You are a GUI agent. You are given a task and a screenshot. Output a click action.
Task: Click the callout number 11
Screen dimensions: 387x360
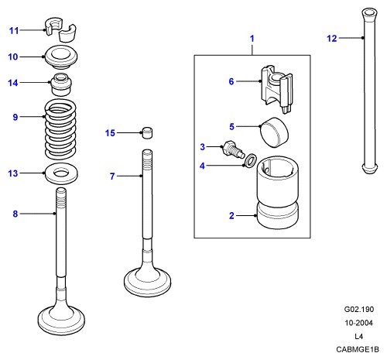point(14,31)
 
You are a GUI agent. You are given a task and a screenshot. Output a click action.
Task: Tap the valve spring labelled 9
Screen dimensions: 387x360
point(60,129)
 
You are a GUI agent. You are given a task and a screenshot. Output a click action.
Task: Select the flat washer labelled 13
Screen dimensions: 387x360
point(61,173)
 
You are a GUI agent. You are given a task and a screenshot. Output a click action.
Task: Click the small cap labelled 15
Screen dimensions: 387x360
point(147,132)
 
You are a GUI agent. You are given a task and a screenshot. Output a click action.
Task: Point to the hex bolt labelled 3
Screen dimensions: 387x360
point(232,150)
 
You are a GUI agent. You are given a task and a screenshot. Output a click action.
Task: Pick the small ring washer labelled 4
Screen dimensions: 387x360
point(250,160)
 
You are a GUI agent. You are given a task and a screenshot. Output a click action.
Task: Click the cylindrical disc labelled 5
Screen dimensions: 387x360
point(274,132)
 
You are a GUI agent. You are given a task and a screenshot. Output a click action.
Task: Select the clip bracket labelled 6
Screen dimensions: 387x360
point(276,89)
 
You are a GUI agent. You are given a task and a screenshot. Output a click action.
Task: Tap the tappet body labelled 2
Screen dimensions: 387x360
point(278,192)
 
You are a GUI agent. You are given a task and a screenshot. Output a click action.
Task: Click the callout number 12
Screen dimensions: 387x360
point(332,39)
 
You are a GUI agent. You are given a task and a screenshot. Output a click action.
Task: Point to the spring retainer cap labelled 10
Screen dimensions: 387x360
point(61,57)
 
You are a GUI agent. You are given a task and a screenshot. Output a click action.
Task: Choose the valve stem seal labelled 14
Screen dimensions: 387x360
point(60,84)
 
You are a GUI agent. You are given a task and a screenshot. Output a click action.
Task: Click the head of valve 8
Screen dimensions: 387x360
point(61,319)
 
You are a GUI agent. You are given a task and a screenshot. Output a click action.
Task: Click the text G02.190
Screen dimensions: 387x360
point(358,309)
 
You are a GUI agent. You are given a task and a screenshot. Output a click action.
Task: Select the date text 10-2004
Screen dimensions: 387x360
point(358,323)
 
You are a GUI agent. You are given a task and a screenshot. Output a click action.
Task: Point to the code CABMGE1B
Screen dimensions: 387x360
point(358,349)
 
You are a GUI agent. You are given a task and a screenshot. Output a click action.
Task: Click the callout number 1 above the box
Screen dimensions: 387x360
point(252,39)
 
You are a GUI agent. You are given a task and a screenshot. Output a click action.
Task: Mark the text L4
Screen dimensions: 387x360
point(358,336)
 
